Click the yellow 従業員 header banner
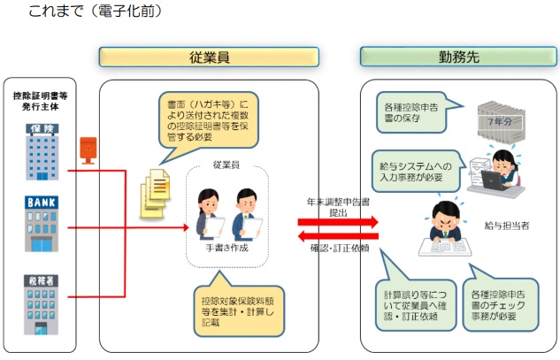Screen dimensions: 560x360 (209, 57)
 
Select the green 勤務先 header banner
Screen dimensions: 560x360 (458, 57)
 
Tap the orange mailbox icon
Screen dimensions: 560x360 (88, 150)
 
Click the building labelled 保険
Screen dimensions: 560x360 (42, 152)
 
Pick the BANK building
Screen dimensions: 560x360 (42, 224)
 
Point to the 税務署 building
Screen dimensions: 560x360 (41, 304)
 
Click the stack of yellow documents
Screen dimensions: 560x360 (155, 194)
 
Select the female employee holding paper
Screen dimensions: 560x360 (210, 215)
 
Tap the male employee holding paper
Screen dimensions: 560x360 (247, 215)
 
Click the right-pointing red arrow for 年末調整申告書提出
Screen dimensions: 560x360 (338, 222)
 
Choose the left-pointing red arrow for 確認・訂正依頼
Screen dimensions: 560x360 (338, 236)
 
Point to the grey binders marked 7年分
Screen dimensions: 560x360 (502, 121)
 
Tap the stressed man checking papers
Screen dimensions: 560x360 (445, 228)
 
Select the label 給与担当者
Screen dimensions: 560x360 (507, 226)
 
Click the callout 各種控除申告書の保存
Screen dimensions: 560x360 (413, 112)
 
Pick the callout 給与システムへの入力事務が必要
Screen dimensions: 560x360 (417, 172)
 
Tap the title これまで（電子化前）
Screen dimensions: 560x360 (95, 11)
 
